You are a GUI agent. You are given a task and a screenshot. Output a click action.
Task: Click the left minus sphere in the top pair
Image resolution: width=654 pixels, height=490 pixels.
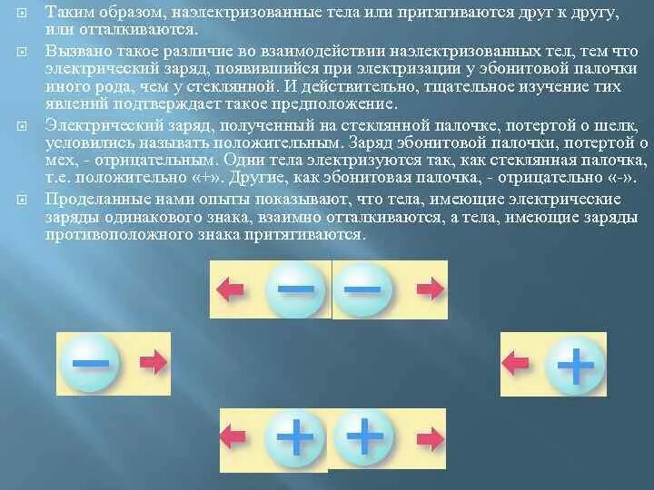294,289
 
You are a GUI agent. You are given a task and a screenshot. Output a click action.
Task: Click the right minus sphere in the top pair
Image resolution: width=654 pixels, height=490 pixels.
362,289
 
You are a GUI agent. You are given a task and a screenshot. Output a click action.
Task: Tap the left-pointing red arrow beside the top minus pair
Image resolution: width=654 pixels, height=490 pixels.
231,289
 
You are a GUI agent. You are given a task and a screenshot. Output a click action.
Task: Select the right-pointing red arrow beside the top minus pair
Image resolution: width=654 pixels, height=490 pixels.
430,289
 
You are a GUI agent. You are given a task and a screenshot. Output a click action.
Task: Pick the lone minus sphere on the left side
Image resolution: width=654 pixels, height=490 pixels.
90,364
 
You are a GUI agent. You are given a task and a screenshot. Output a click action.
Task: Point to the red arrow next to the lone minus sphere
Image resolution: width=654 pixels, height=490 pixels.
154,364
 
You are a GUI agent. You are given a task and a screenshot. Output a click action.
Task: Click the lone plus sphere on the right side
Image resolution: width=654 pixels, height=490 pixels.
575,366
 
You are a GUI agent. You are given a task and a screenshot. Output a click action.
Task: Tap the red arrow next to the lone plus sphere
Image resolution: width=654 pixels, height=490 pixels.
516,363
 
